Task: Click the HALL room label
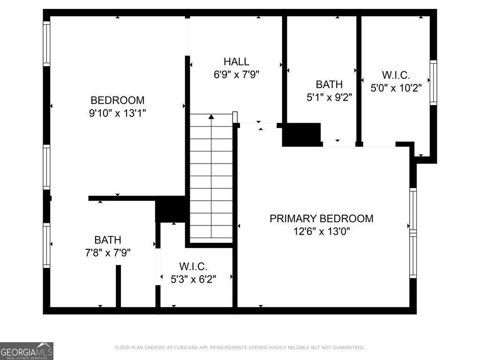tap(236, 61)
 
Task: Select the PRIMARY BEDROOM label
tap(322, 218)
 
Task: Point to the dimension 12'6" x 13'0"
tap(322, 231)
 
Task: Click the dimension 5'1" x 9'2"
tap(329, 97)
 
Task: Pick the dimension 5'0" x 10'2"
tap(396, 88)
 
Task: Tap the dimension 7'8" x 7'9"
tap(108, 253)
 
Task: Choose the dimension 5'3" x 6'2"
tap(193, 279)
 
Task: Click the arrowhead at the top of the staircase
tap(211, 116)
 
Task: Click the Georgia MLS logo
tap(27, 351)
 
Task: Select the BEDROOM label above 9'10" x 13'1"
tap(118, 100)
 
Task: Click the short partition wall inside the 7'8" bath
tap(119, 286)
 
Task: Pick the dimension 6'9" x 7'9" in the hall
tap(236, 74)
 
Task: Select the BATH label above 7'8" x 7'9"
tap(108, 240)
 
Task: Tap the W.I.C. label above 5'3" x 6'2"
tap(193, 266)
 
